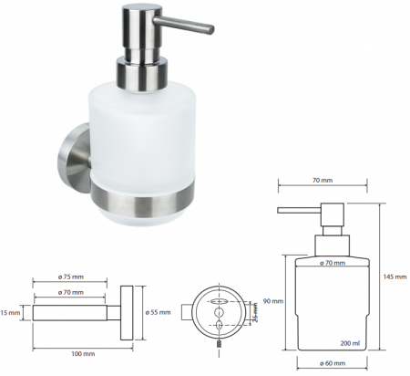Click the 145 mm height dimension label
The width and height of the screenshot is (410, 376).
point(395,277)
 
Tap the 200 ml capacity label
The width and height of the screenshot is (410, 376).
point(350,343)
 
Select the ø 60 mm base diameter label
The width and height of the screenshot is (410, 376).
point(333,363)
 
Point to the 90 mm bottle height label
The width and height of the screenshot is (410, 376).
point(273,301)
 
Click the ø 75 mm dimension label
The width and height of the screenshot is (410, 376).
point(71,277)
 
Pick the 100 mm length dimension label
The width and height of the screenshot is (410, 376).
point(83,353)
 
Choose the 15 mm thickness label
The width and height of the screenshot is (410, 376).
point(10,312)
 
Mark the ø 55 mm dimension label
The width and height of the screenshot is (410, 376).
point(158,312)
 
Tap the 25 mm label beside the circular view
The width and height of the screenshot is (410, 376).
point(255,313)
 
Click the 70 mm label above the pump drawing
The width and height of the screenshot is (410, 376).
point(323,180)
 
